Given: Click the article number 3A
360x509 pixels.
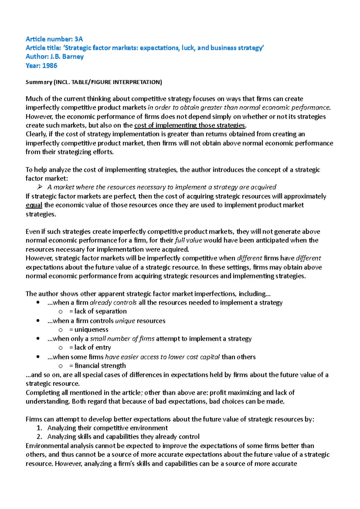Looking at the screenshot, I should [x=79, y=39].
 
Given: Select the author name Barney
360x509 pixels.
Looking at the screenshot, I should [x=73, y=57].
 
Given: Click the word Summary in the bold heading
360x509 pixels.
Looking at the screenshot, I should [x=39, y=82].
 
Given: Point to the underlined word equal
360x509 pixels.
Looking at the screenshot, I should [x=34, y=205].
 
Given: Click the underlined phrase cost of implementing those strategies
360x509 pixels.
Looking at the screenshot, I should [x=190, y=125].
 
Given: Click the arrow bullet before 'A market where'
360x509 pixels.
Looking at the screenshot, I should [x=40, y=187].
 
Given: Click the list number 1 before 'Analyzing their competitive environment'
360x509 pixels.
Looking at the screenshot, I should [x=39, y=428].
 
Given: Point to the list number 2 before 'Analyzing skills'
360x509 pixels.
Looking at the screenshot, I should [x=39, y=437].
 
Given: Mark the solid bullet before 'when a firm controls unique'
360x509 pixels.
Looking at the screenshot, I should [x=38, y=321].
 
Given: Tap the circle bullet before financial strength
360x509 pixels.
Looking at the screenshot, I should [x=61, y=366].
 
